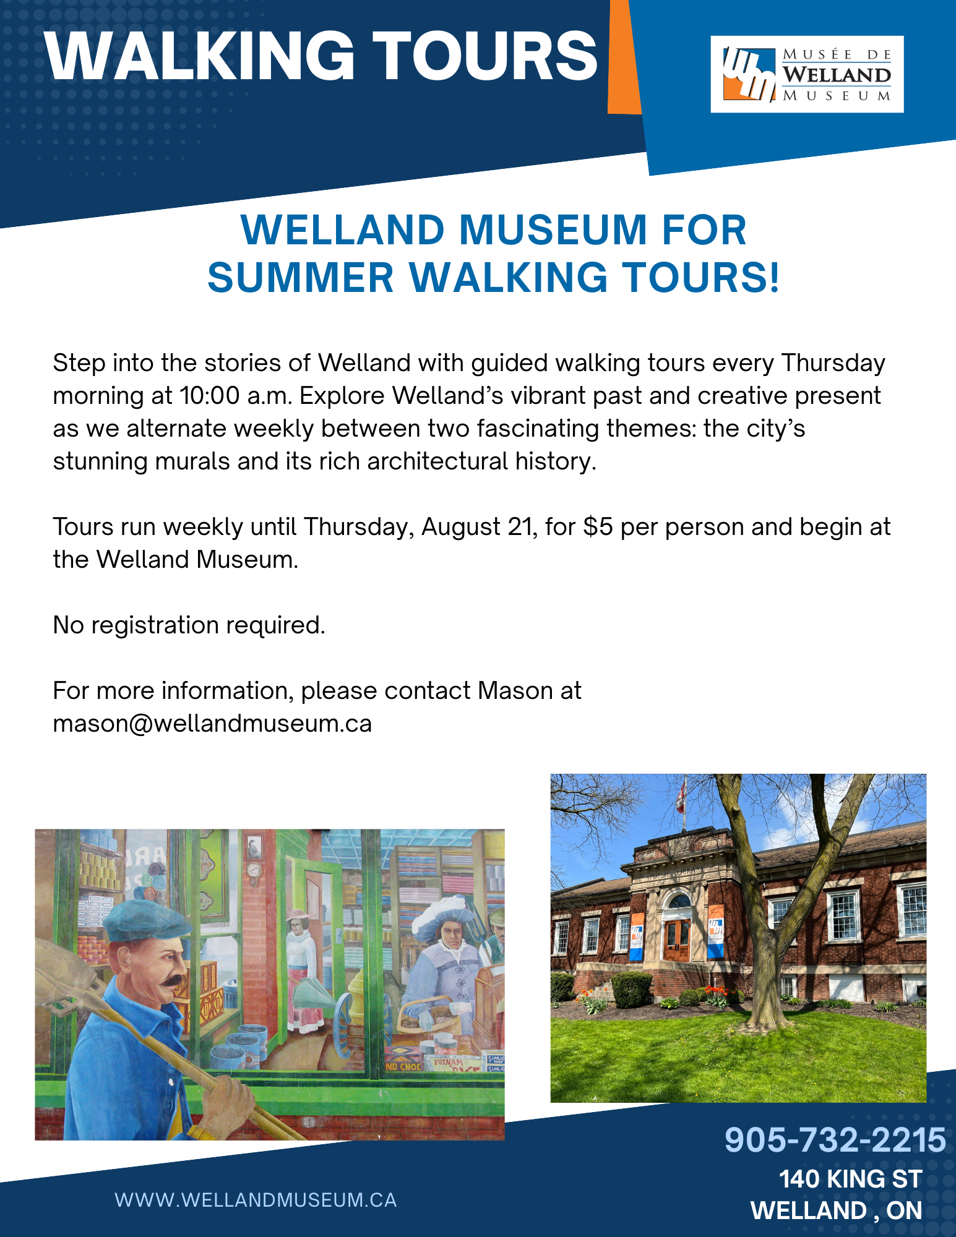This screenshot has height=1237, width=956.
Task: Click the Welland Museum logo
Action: [807, 74]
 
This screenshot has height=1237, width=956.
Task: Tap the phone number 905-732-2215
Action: [835, 1140]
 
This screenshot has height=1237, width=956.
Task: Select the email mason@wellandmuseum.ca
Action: [212, 724]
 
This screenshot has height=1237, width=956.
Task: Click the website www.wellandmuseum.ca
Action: [256, 1200]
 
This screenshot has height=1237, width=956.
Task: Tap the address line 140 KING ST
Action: [850, 1179]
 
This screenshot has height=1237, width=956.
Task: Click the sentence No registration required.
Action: [189, 625]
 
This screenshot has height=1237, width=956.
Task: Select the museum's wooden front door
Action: [678, 941]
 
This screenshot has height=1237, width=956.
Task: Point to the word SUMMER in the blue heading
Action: [301, 277]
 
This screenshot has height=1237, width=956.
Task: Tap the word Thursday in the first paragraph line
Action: [833, 364]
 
